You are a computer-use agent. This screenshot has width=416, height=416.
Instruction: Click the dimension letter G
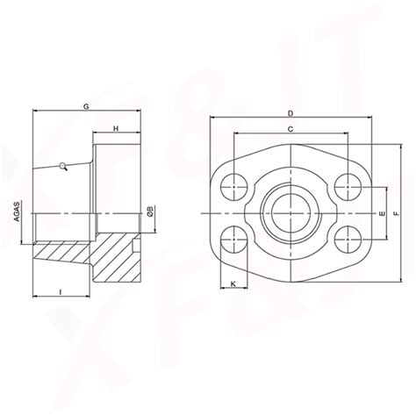[x=86, y=105]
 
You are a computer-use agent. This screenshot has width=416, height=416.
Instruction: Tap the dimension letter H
[x=116, y=129]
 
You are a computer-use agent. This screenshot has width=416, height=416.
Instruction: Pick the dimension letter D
[x=290, y=112]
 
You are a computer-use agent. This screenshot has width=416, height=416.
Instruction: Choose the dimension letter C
[x=290, y=130]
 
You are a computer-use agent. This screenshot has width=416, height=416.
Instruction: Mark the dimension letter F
[x=397, y=212]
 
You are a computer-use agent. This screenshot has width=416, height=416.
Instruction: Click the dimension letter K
[x=233, y=283]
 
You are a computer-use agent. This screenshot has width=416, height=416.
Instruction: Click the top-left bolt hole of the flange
[x=234, y=185]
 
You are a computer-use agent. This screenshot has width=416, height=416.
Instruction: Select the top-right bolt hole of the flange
[x=347, y=185]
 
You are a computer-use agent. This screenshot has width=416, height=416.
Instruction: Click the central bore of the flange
[x=290, y=212]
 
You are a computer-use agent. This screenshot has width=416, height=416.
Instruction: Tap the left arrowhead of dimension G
[x=35, y=111]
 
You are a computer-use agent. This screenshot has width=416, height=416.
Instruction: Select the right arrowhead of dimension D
[x=369, y=118]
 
